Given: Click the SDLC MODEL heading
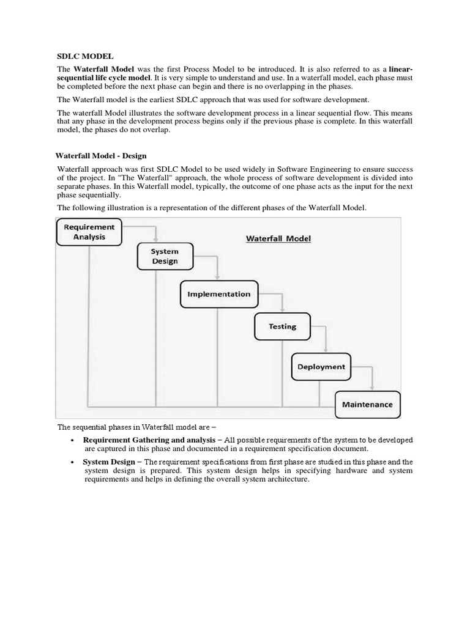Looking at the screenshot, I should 85,56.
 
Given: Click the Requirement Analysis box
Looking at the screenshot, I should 89,232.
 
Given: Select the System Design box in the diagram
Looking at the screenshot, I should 165,256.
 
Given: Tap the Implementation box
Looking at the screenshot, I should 218,294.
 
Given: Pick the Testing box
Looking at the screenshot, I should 282,326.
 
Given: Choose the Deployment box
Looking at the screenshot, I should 321,367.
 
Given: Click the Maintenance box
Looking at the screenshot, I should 367,404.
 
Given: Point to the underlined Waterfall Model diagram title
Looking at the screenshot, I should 278,238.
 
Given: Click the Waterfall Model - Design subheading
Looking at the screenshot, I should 102,156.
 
